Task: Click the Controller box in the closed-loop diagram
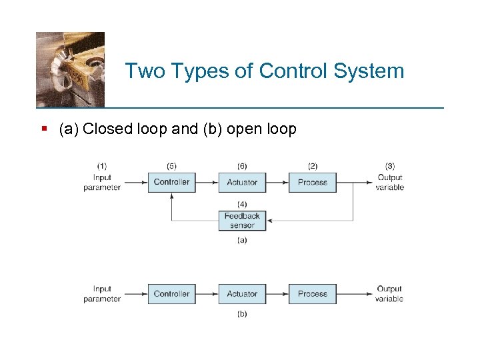coord(171,182)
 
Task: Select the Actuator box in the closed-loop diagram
coord(242,182)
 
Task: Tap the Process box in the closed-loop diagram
coord(312,182)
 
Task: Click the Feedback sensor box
coord(242,221)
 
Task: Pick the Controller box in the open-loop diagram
coord(171,294)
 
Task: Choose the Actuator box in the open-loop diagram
coord(242,294)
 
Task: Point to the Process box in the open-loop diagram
coord(312,294)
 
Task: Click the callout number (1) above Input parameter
coord(102,166)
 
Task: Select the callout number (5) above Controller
coord(171,166)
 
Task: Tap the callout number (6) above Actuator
coord(242,166)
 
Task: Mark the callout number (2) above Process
coord(312,166)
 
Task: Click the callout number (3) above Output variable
coord(390,166)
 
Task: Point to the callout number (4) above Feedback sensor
coord(242,204)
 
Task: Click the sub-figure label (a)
coord(242,240)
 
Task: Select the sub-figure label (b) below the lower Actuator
coord(242,314)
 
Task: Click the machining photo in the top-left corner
coord(70,69)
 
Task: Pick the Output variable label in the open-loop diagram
coord(389,294)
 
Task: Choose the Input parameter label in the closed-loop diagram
coord(102,183)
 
